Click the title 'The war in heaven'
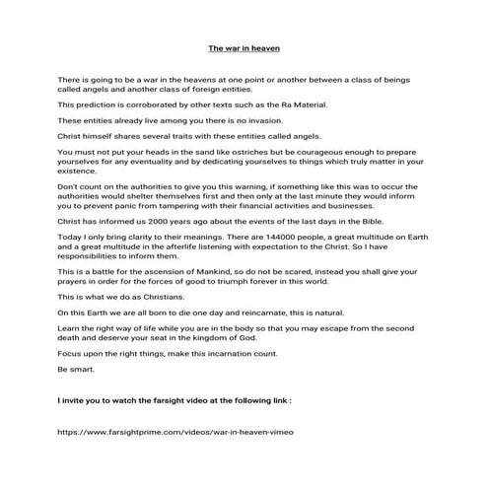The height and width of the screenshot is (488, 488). pyautogui.click(x=244, y=47)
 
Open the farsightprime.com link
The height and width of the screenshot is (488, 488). pyautogui.click(x=176, y=459)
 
